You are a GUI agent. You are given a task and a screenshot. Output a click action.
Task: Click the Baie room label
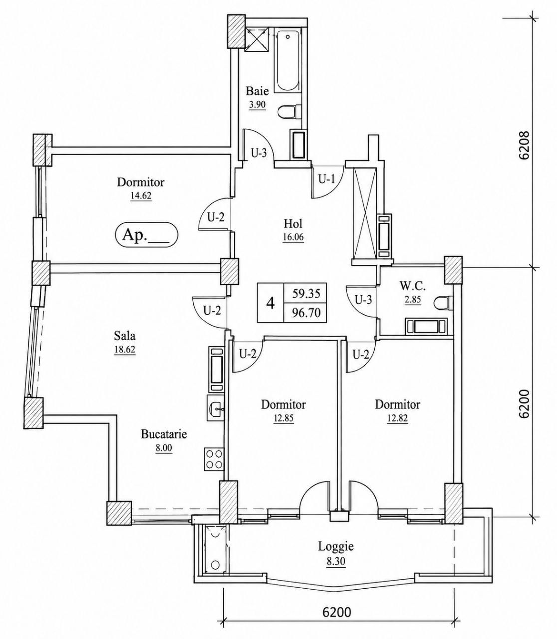257,91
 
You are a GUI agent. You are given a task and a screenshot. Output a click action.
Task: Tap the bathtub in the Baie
287,61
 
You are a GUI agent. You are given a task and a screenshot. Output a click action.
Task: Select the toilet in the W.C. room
443,303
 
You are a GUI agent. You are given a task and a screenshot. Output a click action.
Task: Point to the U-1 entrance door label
326,179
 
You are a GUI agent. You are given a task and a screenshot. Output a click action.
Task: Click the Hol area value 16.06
293,237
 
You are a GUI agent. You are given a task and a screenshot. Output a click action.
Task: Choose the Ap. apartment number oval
146,235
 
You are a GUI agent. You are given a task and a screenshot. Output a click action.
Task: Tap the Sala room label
125,336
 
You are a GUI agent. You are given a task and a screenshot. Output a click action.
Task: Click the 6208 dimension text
525,145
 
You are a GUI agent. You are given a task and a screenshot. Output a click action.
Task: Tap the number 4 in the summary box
271,303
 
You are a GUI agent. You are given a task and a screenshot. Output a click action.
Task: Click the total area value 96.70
306,313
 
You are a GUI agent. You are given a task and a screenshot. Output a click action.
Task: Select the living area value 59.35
306,294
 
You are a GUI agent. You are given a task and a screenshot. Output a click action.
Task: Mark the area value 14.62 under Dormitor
141,196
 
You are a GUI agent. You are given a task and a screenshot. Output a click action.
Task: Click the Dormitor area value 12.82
397,418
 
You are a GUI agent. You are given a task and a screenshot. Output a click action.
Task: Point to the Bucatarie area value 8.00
164,448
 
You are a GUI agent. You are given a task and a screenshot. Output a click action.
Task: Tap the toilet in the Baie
289,112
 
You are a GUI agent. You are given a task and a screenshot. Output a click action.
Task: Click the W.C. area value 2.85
413,299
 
